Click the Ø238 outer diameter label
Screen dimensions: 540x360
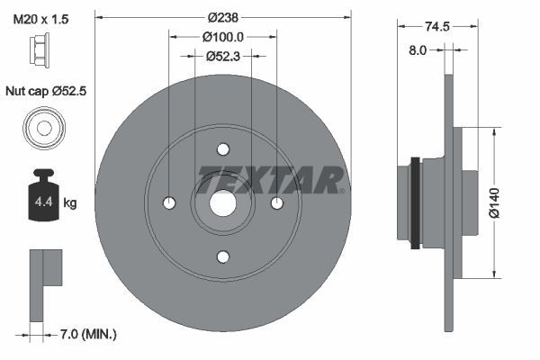pos(223,17)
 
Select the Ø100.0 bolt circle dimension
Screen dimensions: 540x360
pos(223,37)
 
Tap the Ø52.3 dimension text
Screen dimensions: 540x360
pos(223,56)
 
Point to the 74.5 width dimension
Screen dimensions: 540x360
pos(437,26)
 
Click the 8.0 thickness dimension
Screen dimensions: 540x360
pos(418,50)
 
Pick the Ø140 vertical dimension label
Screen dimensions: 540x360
pos(494,202)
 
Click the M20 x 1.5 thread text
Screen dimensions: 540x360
pos(40,19)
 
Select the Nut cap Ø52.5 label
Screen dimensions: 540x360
pos(46,91)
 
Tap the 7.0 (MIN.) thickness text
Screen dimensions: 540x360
pos(88,334)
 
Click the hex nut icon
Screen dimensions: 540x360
pos(40,48)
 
